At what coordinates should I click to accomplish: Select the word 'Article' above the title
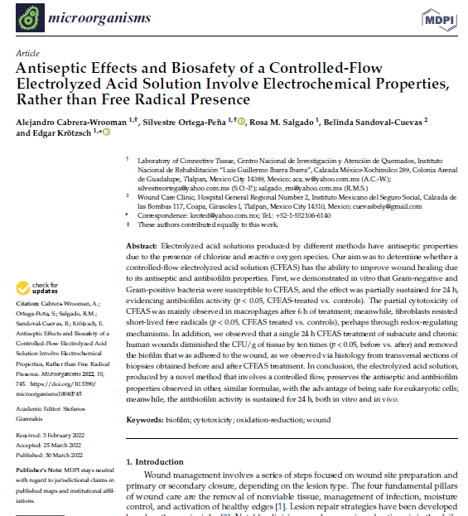[28, 52]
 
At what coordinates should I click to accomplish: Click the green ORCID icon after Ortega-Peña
[241, 122]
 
